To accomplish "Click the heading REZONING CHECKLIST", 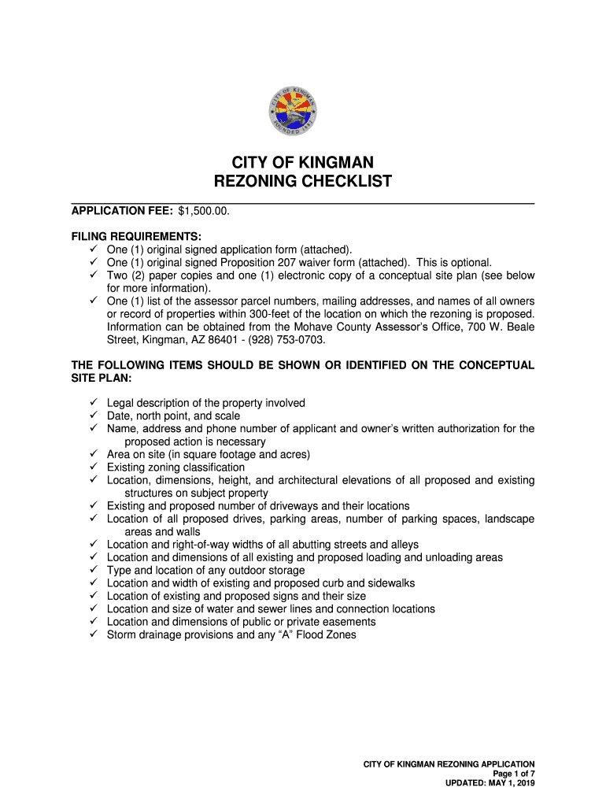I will (303, 182).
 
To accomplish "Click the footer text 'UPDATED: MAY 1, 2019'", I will (490, 784).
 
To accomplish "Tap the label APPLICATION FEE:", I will (122, 211).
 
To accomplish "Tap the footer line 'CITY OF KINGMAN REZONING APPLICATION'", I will (449, 764).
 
